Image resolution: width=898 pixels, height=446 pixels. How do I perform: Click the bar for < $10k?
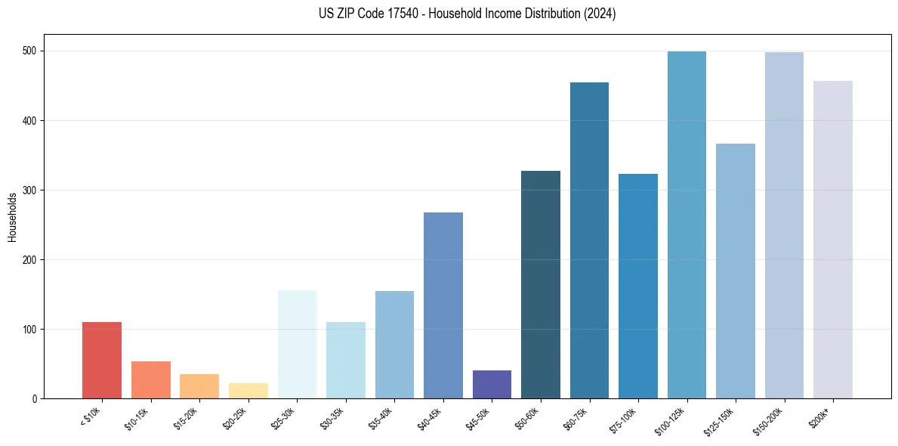102,361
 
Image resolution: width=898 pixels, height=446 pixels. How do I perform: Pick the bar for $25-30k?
297,345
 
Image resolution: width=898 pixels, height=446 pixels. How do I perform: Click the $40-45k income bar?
443,305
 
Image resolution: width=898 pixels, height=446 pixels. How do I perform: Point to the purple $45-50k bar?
492,385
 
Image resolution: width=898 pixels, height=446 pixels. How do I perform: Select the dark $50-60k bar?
541,285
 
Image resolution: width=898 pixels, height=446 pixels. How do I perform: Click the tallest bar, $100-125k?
687,225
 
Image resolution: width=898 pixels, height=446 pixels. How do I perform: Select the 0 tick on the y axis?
36,399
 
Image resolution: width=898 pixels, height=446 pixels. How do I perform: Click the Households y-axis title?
12,217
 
